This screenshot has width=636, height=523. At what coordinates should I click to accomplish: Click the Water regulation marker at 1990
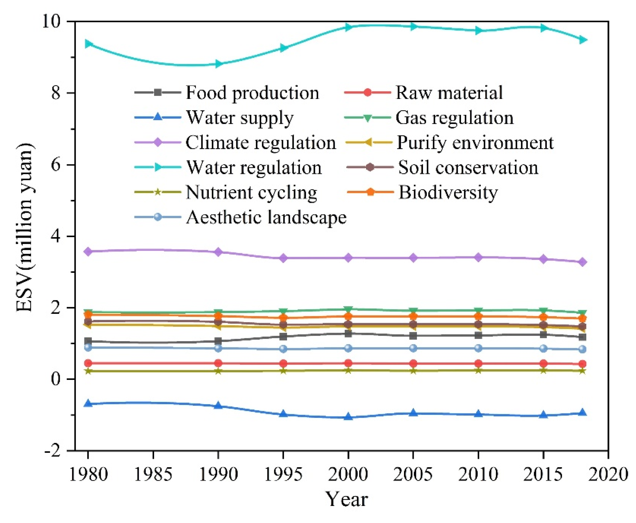(218, 64)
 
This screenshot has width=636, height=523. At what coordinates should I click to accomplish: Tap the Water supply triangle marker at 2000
(348, 417)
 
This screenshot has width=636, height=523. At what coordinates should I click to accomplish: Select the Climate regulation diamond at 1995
(283, 258)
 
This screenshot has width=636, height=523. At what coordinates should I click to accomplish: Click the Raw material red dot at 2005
(413, 363)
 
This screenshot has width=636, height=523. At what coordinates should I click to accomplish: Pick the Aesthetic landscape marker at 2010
(478, 348)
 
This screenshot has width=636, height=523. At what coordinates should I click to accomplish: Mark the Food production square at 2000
(348, 334)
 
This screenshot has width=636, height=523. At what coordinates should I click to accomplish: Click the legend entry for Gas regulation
(454, 117)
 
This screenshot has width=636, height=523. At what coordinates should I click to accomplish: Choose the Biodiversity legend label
(448, 192)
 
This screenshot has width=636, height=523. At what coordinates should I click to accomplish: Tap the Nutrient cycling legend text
(251, 192)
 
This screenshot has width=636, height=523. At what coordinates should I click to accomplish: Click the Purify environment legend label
(475, 143)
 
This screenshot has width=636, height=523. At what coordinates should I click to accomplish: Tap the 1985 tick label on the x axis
(153, 474)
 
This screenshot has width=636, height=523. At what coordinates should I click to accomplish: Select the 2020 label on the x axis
(608, 474)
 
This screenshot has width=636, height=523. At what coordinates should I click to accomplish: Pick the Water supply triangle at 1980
(88, 403)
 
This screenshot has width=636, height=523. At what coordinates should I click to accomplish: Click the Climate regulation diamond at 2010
(478, 257)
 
